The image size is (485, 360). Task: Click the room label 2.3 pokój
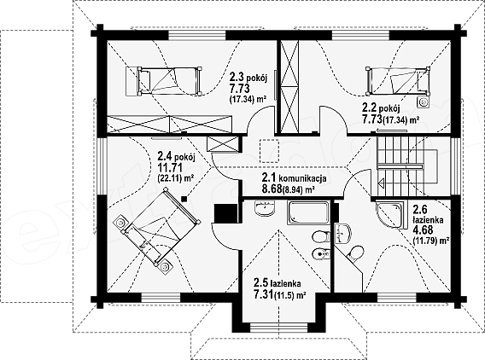(x=248, y=77)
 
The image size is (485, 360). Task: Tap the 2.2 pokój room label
(x=381, y=108)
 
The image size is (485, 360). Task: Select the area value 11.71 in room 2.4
(x=170, y=168)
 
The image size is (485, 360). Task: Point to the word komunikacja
(x=302, y=178)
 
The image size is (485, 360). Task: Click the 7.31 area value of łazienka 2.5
(x=264, y=295)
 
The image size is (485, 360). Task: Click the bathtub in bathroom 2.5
(x=308, y=212)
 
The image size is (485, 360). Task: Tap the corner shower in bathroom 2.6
(x=389, y=215)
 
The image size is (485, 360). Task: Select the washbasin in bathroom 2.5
(x=265, y=207)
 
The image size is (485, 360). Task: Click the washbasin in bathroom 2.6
(x=342, y=233)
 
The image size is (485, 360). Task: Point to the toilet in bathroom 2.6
(x=356, y=253)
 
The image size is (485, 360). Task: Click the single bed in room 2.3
(x=164, y=80)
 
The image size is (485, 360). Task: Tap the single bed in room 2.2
(x=398, y=80)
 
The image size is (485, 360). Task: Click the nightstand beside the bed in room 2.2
(x=424, y=102)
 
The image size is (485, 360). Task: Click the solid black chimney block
(x=225, y=213)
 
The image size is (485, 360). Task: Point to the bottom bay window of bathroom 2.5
(x=278, y=327)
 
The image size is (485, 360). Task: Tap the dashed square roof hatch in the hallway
(x=270, y=151)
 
